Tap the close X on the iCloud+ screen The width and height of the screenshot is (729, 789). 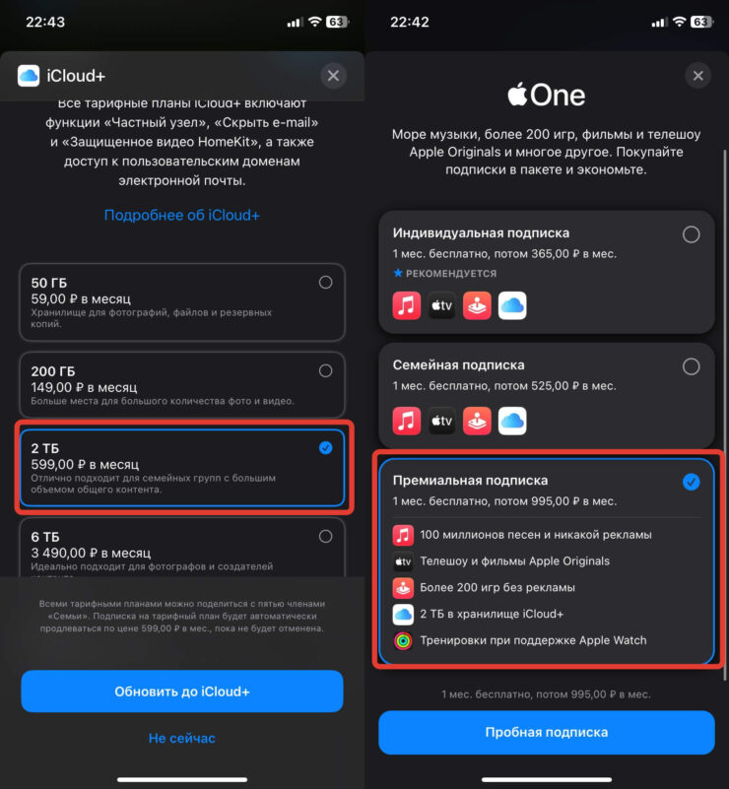click(333, 76)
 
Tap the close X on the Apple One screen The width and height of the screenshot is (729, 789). click(697, 76)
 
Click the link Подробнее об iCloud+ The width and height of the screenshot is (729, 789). click(181, 216)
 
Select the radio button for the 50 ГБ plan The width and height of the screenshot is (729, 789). click(325, 283)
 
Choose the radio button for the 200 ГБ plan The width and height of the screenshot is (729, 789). click(325, 370)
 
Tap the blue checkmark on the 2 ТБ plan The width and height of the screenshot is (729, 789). click(325, 448)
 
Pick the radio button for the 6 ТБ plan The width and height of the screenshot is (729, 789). click(325, 537)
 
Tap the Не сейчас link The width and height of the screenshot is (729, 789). click(181, 738)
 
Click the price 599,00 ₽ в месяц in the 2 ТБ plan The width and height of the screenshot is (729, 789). click(85, 465)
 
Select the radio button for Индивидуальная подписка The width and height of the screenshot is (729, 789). click(691, 234)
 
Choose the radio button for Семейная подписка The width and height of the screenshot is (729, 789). click(691, 366)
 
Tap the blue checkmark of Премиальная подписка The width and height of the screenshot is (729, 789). click(691, 482)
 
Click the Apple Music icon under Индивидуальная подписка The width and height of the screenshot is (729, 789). click(407, 305)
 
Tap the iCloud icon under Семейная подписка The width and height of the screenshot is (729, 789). click(512, 421)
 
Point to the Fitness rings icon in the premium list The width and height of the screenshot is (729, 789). click(403, 640)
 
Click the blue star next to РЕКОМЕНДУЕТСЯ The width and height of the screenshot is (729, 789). click(398, 273)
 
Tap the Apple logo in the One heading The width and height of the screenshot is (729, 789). click(517, 95)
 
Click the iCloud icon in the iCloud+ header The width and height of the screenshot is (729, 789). click(29, 76)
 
